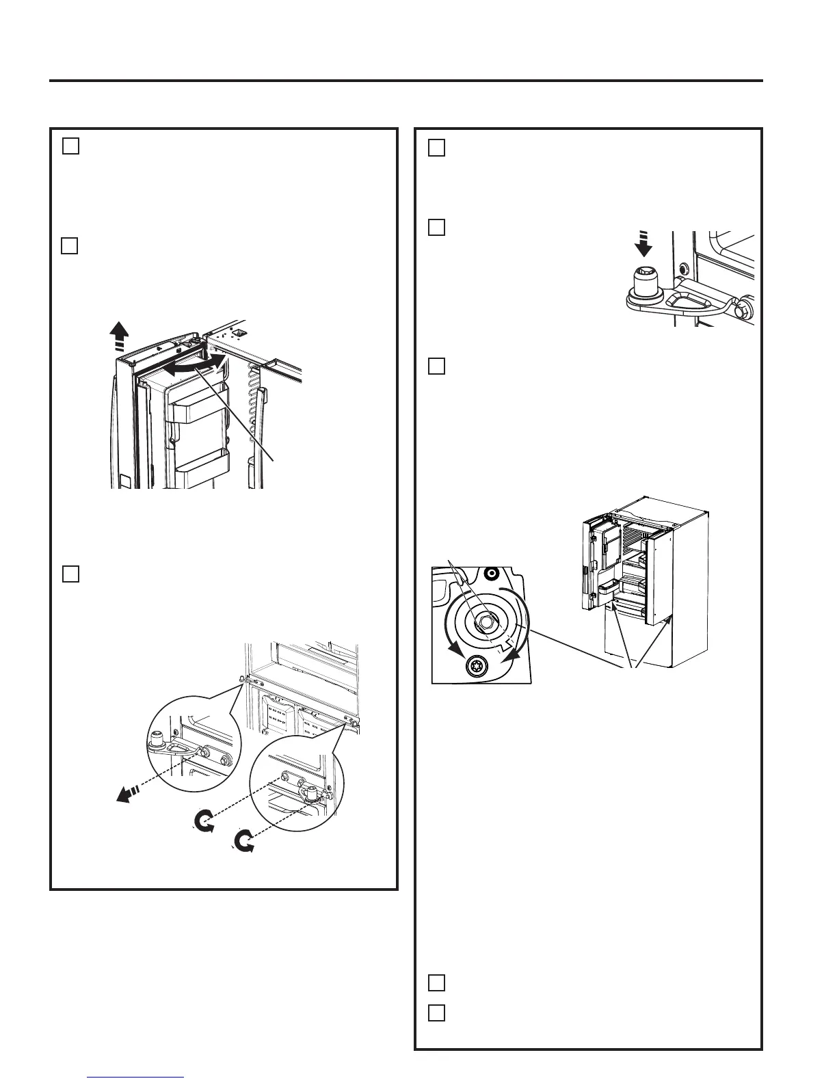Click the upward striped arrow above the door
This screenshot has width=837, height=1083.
click(x=121, y=335)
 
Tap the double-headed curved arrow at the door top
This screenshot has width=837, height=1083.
click(x=194, y=364)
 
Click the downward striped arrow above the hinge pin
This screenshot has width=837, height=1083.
click(x=643, y=245)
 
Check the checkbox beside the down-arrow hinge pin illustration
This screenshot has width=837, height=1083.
click(x=437, y=227)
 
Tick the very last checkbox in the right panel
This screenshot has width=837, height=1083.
click(x=437, y=1013)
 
